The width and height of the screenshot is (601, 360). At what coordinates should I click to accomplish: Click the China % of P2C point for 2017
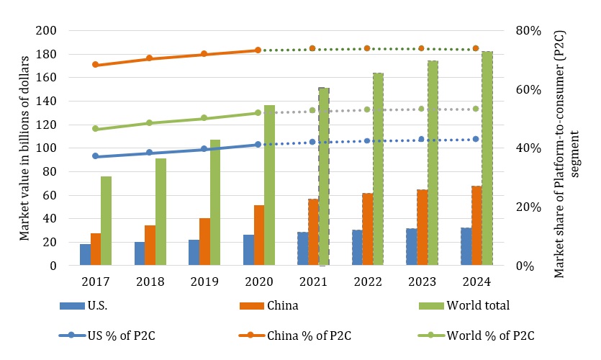96,65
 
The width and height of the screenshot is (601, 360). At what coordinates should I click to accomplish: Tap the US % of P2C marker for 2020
258,145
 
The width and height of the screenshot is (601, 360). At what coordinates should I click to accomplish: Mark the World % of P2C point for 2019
204,118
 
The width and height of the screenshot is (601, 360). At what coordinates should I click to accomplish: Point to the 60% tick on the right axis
529,90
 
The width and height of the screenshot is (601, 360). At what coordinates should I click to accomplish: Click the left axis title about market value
24,148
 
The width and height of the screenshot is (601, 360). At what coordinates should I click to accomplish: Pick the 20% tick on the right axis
529,207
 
